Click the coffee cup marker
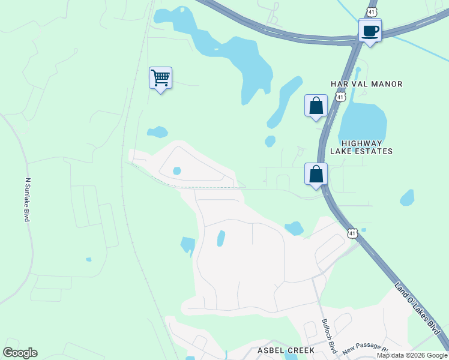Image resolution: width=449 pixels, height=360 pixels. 370,31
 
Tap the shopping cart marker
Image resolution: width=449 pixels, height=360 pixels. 160,78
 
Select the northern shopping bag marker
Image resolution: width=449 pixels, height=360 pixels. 316,106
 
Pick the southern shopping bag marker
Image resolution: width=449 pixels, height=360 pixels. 316,175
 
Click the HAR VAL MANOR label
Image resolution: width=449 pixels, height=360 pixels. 366,84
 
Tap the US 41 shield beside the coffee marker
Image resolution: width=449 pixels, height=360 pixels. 372,11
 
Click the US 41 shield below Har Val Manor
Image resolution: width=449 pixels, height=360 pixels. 340,96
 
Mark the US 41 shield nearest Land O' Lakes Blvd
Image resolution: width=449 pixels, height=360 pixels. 352,232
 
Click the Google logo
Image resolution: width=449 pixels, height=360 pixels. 20,352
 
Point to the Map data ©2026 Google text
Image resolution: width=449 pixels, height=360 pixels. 411,355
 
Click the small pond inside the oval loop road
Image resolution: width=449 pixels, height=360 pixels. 176,171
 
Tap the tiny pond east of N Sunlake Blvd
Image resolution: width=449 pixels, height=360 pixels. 89,259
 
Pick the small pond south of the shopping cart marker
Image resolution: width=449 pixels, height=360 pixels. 157,131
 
